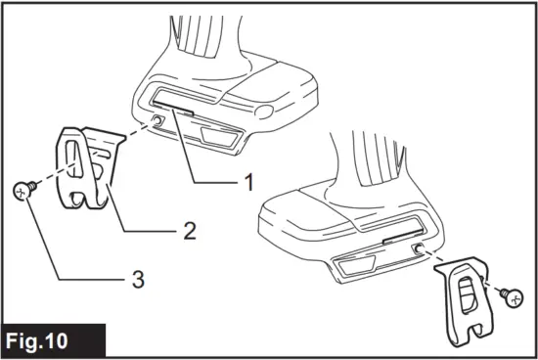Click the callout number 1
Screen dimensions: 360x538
[248, 181]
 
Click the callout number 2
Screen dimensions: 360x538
[190, 231]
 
